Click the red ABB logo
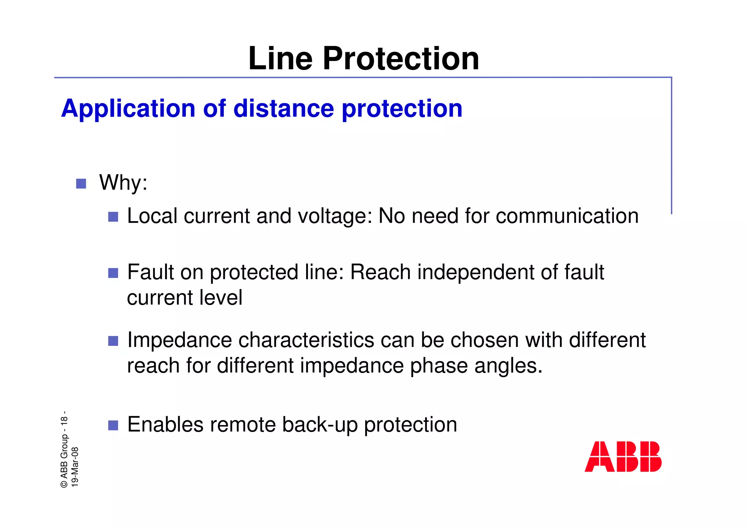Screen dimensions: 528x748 click(x=623, y=456)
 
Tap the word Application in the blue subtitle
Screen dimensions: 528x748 click(x=128, y=108)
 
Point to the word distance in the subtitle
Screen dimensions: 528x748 click(x=283, y=108)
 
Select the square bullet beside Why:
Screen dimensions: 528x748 click(x=81, y=183)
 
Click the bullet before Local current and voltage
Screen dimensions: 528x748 click(x=113, y=217)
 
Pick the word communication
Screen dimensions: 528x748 click(x=567, y=216)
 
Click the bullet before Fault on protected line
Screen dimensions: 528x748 click(x=113, y=273)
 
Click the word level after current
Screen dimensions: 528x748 click(x=219, y=297)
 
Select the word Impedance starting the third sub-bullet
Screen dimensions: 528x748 click(x=179, y=340)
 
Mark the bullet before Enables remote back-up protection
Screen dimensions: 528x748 click(x=113, y=425)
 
